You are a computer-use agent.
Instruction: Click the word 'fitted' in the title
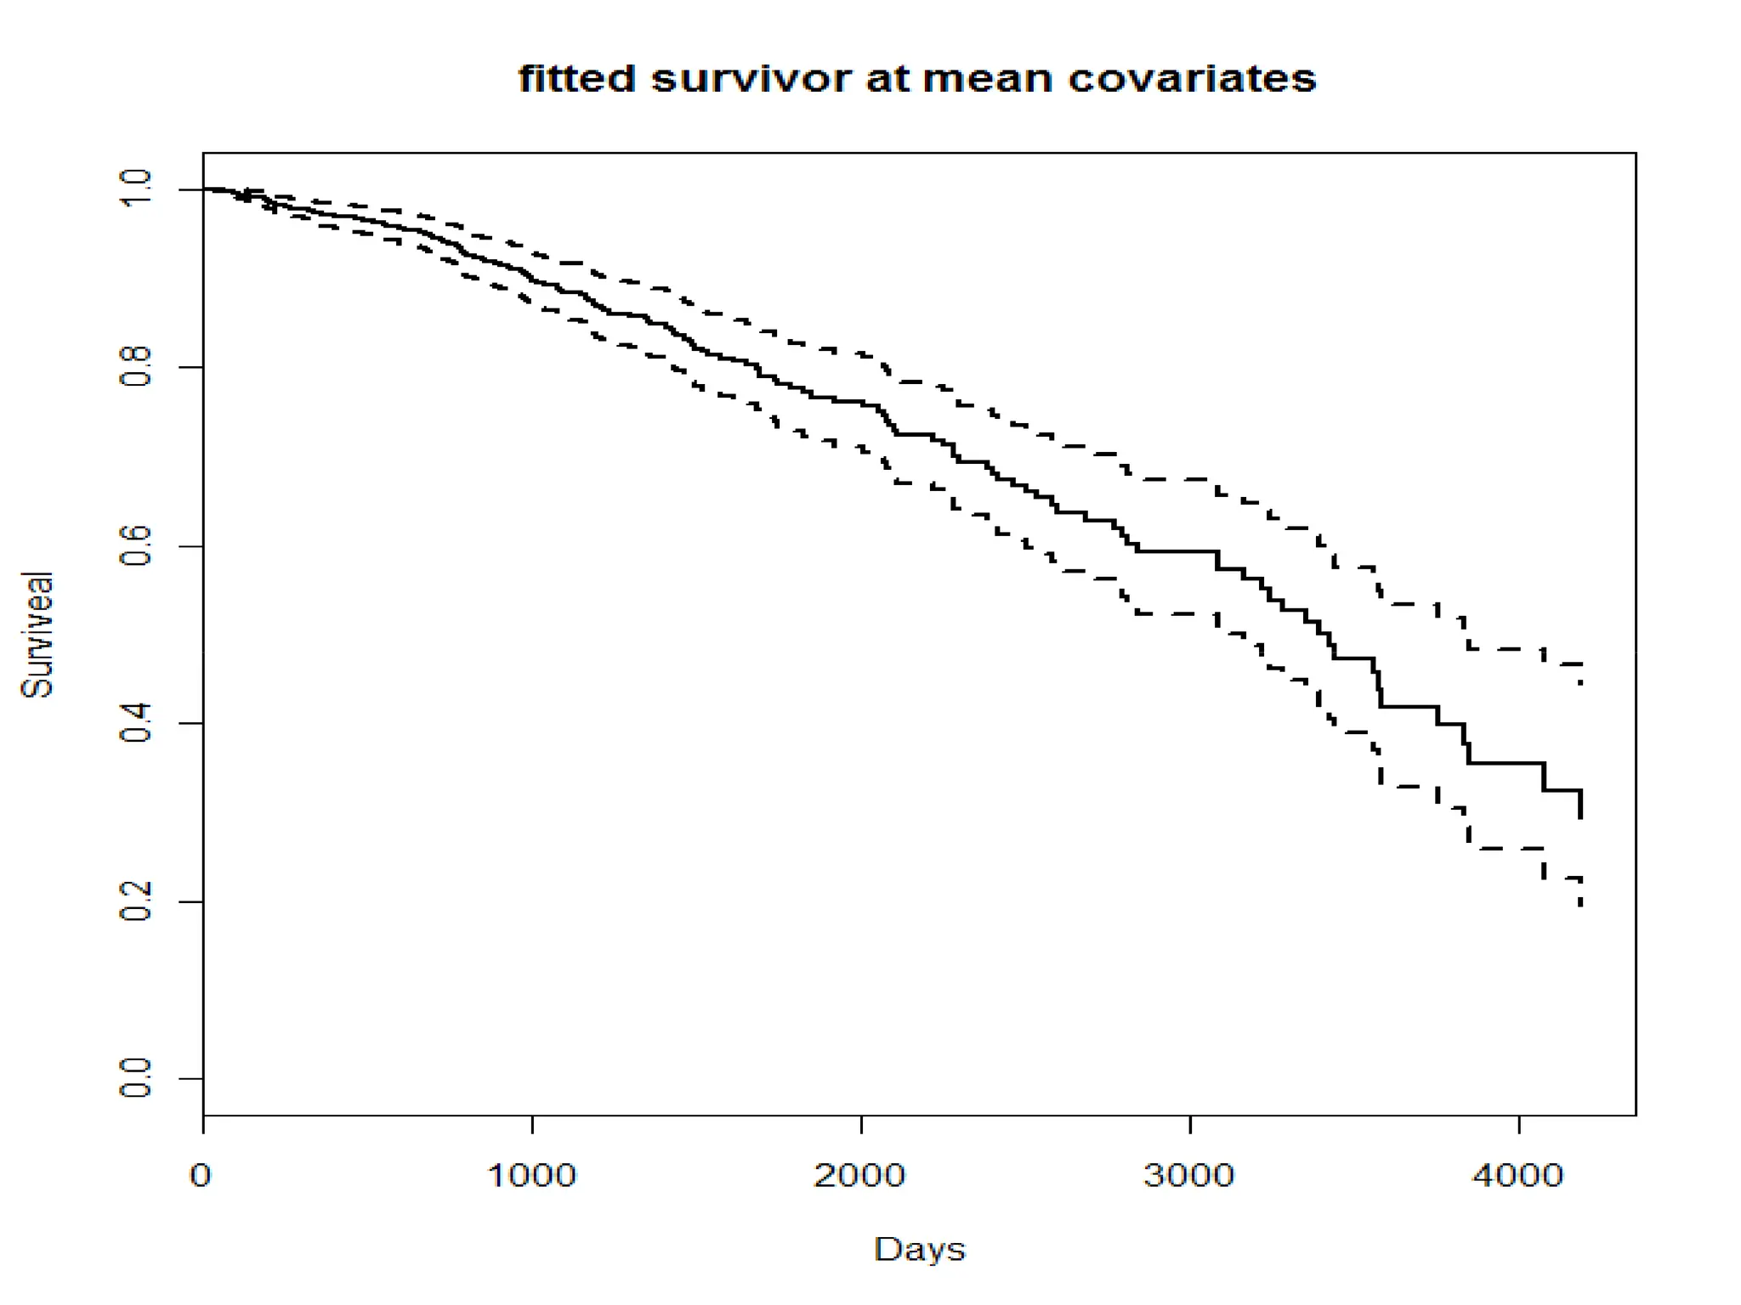coord(576,79)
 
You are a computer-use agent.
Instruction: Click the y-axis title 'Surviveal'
coord(37,635)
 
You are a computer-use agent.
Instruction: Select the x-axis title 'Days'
coord(919,1249)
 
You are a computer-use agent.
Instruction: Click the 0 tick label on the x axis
coord(201,1176)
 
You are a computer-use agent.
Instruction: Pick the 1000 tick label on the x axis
coord(532,1176)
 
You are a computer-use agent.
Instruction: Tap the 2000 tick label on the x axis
coord(860,1176)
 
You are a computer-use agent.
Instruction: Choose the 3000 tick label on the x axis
coord(1189,1176)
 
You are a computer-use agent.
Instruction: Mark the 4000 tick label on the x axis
coord(1518,1176)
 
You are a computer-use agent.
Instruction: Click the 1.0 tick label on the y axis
coord(136,189)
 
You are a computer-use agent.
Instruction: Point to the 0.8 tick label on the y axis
coord(136,366)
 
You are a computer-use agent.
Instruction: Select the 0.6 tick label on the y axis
coord(136,545)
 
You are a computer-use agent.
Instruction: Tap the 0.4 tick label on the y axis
coord(136,723)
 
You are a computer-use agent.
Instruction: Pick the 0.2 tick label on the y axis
coord(136,901)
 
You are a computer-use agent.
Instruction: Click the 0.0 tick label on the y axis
coord(136,1079)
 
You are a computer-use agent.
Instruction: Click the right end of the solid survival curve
coord(1580,816)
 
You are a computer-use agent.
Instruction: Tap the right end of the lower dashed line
coord(1580,906)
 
